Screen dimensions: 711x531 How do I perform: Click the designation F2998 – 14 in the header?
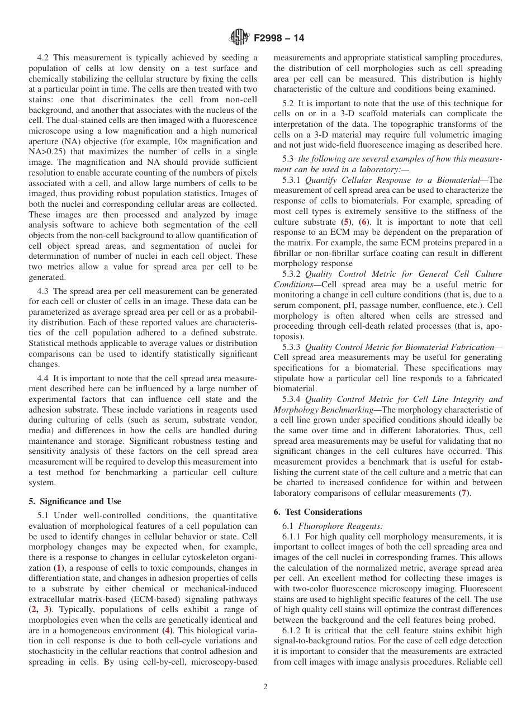pos(279,39)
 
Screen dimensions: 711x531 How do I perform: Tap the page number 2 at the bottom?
pos(265,687)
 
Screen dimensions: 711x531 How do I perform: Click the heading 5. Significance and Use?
pos(75,501)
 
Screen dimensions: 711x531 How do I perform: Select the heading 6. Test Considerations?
pos(318,511)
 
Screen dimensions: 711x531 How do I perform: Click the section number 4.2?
pos(44,58)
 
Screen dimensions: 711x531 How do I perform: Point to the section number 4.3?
pos(44,291)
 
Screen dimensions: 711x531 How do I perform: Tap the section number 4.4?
pos(44,378)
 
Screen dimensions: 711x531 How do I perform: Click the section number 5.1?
pos(44,515)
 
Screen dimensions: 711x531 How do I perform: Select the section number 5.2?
pos(289,103)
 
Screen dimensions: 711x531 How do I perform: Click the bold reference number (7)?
pos(463,493)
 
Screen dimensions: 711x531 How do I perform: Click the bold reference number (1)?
pos(58,567)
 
